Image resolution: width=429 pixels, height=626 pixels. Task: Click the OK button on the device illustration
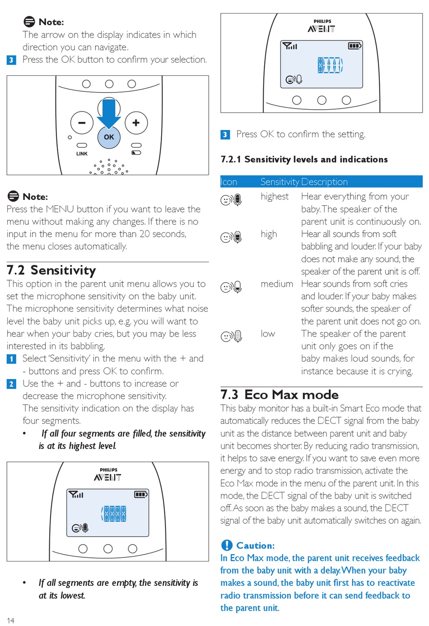coord(109,137)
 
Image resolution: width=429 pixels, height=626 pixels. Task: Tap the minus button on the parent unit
coord(82,122)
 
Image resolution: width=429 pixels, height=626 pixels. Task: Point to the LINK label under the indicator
coord(82,153)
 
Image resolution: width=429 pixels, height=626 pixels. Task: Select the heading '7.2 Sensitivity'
coord(51,270)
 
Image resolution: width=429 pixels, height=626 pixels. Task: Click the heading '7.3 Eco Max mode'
coord(279,394)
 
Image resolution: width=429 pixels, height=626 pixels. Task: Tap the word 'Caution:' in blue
coord(255,545)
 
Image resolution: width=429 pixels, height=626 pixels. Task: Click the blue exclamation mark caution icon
coord(227,545)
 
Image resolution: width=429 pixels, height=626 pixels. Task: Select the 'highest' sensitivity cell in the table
coord(274,196)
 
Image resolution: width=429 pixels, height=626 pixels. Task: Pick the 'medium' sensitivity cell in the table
coord(276,284)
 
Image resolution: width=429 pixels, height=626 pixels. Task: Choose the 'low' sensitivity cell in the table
coord(268,334)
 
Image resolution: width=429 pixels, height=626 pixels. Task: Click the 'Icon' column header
coord(229,182)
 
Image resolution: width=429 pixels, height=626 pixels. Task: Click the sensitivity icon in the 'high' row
coord(231,237)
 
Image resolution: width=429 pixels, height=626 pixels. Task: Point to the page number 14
coord(10,621)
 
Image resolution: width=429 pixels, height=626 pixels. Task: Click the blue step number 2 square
coord(12,384)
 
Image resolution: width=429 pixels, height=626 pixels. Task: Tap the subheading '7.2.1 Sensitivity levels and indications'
coord(304,159)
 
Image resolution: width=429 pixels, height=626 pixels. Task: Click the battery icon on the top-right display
coord(354,46)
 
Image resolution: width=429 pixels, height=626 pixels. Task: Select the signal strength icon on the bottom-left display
coord(76,495)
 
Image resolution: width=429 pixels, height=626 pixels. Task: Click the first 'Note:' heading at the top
coord(51,22)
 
